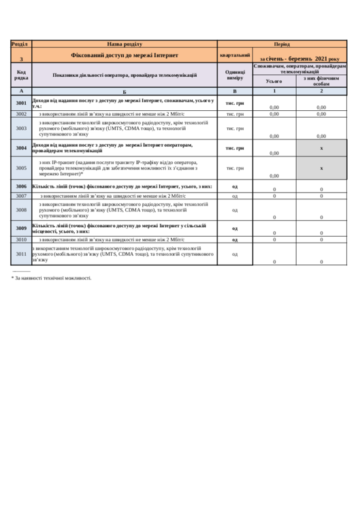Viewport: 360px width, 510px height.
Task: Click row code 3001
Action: [x=21, y=103]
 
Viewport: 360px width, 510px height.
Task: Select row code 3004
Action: [x=21, y=148]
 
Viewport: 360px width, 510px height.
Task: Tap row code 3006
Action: [x=21, y=186]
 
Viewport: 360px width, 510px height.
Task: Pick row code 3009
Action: [x=21, y=228]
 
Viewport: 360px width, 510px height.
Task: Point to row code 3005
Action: [x=21, y=168]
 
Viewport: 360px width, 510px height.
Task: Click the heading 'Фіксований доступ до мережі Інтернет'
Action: [x=125, y=55]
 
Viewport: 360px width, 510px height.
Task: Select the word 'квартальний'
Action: [x=235, y=55]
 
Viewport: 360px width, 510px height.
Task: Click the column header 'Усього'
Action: [x=274, y=81]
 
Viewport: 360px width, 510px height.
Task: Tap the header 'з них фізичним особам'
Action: [x=321, y=81]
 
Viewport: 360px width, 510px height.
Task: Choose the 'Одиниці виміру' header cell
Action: [x=235, y=75]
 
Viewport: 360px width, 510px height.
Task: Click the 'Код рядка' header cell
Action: [x=21, y=75]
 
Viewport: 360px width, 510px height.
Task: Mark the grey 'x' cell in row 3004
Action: [x=321, y=148]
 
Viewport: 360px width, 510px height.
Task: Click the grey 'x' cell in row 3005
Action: [x=321, y=168]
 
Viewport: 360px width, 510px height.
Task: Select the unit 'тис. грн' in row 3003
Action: [x=235, y=128]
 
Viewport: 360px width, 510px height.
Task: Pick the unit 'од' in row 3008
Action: [x=235, y=210]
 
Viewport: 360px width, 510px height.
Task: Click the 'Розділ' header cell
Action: [x=21, y=44]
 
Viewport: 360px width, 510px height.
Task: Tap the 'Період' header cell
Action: [x=282, y=44]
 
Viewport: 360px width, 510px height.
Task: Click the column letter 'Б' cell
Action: [x=125, y=91]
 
